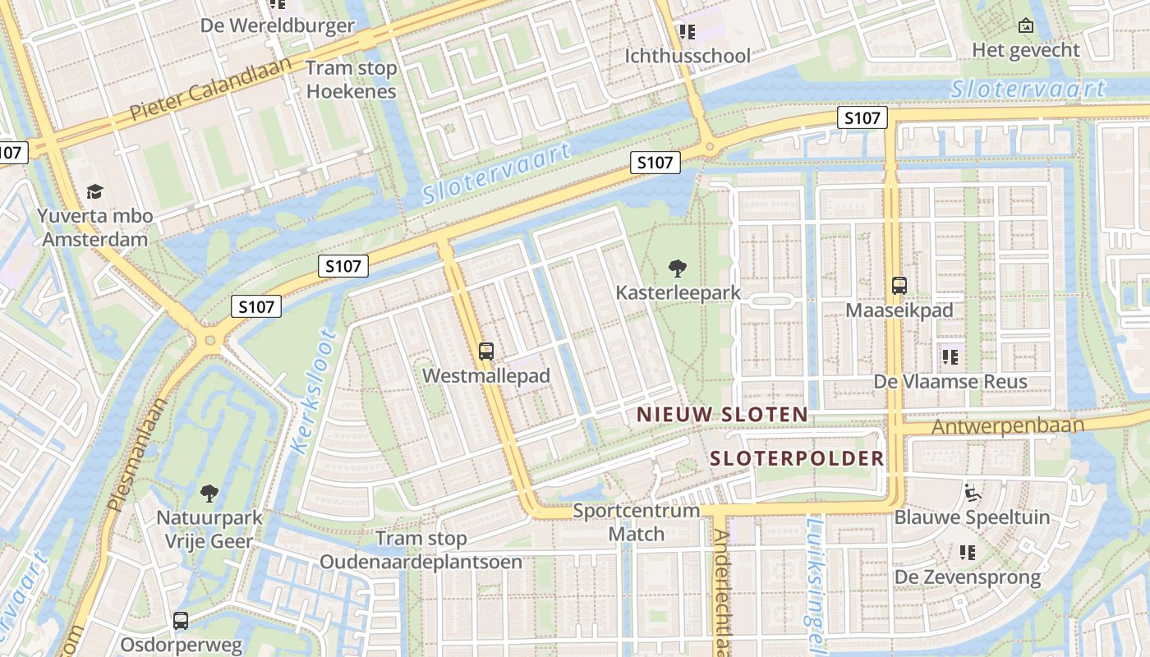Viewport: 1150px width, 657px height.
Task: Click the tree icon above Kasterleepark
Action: (677, 267)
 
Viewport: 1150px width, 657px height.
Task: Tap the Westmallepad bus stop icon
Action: (486, 351)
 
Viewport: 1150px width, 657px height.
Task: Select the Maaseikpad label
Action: (899, 310)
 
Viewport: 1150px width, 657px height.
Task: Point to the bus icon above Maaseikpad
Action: (899, 286)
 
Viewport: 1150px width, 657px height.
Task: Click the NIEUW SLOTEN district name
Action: (722, 415)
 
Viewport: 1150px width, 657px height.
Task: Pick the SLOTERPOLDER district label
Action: (797, 458)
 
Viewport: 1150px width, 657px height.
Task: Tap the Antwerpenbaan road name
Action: (1008, 427)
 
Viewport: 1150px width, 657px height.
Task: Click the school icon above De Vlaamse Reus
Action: (950, 357)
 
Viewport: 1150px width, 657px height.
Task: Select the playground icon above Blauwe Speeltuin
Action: (972, 493)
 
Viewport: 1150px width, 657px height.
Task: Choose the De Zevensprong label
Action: (967, 577)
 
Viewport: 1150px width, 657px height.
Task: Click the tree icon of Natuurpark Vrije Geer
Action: (209, 494)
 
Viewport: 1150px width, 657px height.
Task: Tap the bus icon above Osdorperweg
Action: (181, 621)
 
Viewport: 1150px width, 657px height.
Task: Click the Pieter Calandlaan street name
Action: (211, 89)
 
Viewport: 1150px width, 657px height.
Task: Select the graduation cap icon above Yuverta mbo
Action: (95, 192)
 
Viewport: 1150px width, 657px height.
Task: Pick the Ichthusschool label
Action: (688, 56)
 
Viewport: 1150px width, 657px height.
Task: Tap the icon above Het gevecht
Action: (1025, 25)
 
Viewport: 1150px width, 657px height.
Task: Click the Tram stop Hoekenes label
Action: (352, 80)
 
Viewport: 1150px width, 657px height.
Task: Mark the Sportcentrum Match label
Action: (636, 522)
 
